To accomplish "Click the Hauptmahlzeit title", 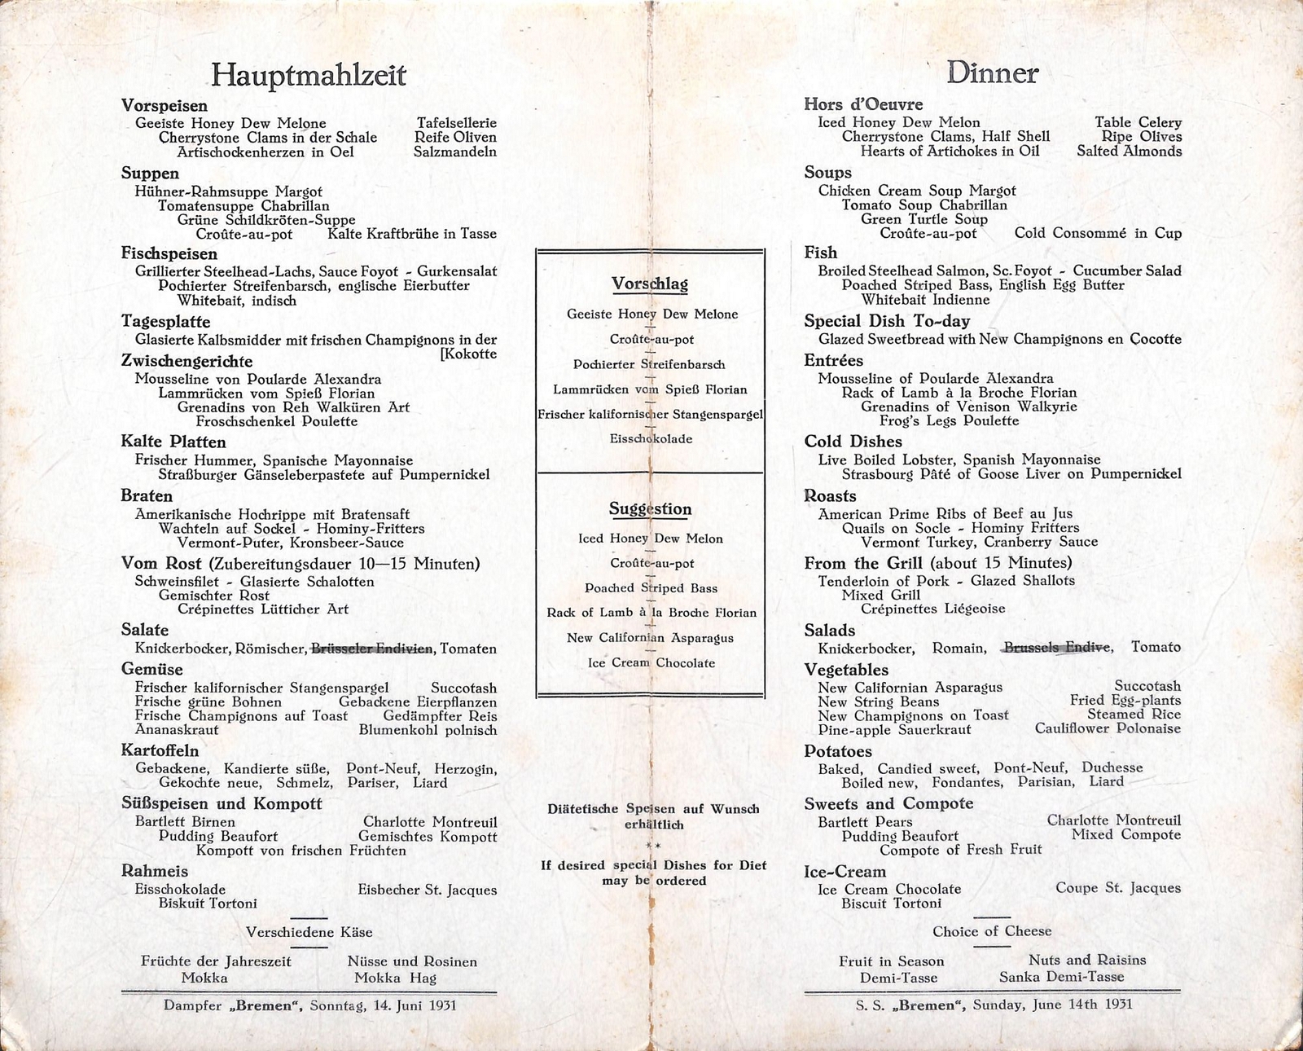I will (308, 75).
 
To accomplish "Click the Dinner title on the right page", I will (992, 73).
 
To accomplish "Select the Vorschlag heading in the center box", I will (649, 284).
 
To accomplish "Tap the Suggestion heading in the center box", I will (650, 509).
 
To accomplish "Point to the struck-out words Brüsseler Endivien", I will (372, 649).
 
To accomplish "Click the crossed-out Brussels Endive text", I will (1057, 648).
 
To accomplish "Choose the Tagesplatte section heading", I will (165, 322).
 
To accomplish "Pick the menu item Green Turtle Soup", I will (924, 219).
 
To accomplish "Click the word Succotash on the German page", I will (463, 688).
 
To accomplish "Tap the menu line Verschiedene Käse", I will (309, 932).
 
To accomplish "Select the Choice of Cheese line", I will (992, 931).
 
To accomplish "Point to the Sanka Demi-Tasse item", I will (1061, 977).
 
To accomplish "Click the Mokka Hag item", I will (395, 978).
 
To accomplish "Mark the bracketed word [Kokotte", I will (468, 354).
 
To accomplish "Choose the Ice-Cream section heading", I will (845, 872).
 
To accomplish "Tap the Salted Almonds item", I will (1129, 151).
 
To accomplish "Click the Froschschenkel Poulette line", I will (276, 421).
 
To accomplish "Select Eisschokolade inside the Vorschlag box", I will (651, 439).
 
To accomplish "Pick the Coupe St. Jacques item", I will (1117, 888).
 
